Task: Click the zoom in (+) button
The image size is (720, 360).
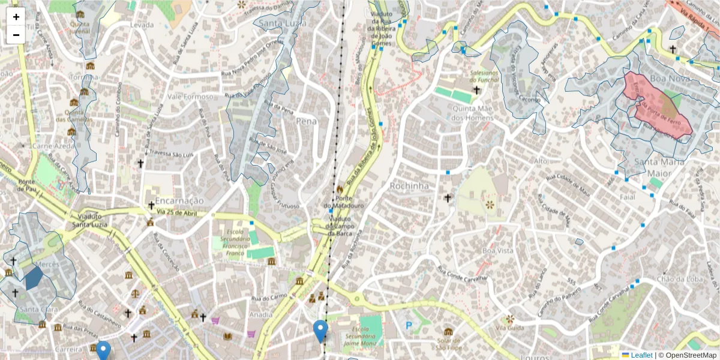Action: pyautogui.click(x=16, y=17)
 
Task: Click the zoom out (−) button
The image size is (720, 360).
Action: pyautogui.click(x=16, y=35)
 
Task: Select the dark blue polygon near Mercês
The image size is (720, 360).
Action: pyautogui.click(x=34, y=278)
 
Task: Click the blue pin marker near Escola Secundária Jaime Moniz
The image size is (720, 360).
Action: pyautogui.click(x=321, y=330)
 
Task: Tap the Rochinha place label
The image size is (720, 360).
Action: pyautogui.click(x=409, y=186)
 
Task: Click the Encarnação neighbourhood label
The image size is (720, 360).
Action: pyautogui.click(x=179, y=200)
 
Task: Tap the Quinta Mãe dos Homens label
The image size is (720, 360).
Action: pyautogui.click(x=473, y=113)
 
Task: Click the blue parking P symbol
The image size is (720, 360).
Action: pyautogui.click(x=409, y=326)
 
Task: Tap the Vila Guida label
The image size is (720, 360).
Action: pyautogui.click(x=510, y=328)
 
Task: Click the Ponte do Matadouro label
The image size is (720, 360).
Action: pyautogui.click(x=343, y=202)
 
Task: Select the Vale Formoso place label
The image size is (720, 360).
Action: pyautogui.click(x=190, y=97)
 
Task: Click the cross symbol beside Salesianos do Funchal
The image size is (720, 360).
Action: pyautogui.click(x=477, y=90)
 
